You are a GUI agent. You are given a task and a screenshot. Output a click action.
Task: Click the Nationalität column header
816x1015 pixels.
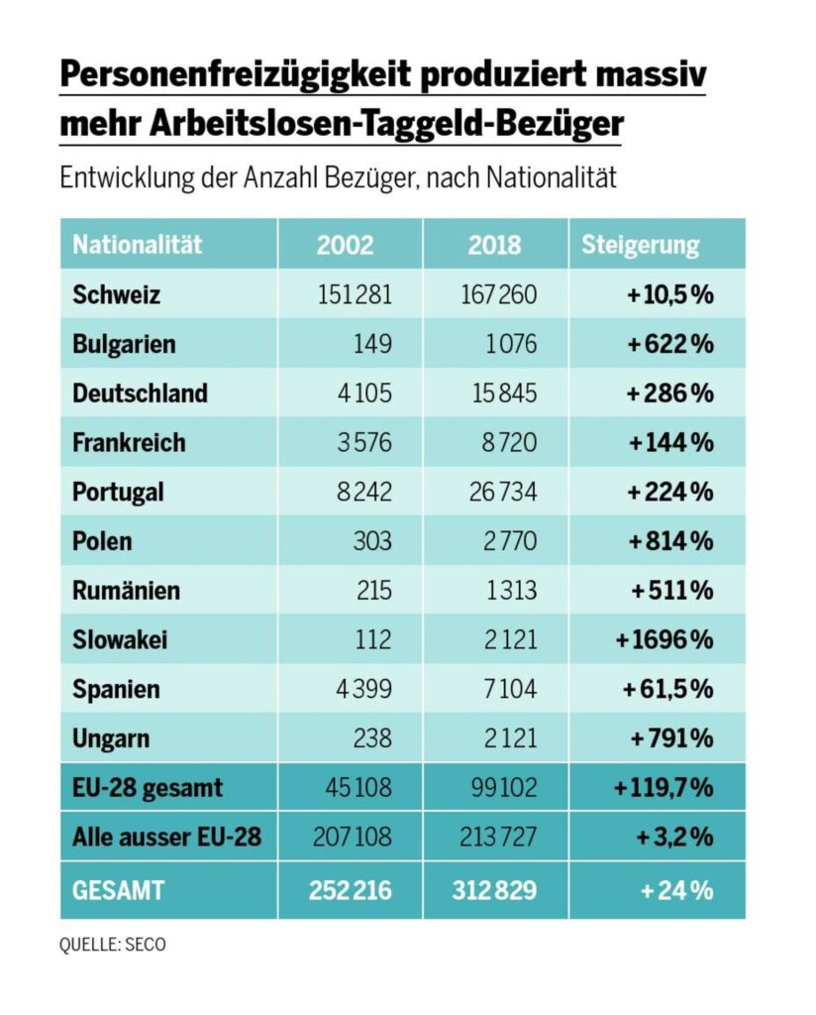[x=137, y=245]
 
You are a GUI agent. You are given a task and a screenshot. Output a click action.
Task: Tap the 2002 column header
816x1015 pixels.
[x=345, y=245]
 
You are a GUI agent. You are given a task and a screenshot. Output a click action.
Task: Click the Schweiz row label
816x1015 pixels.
[x=116, y=294]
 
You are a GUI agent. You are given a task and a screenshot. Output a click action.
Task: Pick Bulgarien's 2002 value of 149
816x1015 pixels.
[x=371, y=344]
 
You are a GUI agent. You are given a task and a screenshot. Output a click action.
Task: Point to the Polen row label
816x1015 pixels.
[x=102, y=541]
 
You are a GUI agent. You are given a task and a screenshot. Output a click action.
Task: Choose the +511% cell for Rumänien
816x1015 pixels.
[x=672, y=591]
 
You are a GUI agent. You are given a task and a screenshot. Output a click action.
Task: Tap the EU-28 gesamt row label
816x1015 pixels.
[x=148, y=789]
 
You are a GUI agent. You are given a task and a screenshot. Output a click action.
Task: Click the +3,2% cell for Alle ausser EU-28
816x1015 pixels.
[x=676, y=838]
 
